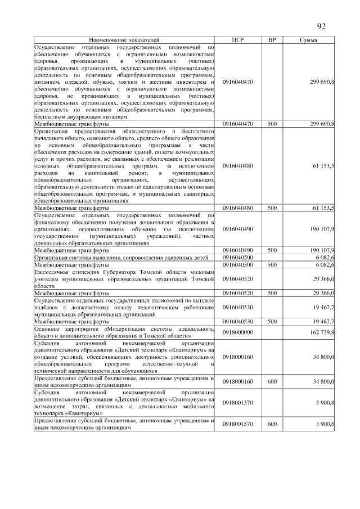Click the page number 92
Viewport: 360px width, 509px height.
click(321, 26)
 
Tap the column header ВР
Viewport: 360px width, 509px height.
click(272, 40)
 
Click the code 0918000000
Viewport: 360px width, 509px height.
click(238, 333)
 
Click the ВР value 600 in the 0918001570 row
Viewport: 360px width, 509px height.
click(272, 424)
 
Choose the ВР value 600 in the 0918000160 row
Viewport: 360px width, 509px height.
click(272, 381)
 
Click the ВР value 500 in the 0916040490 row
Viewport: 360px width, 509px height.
click(272, 250)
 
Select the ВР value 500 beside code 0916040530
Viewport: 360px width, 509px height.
click(272, 322)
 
